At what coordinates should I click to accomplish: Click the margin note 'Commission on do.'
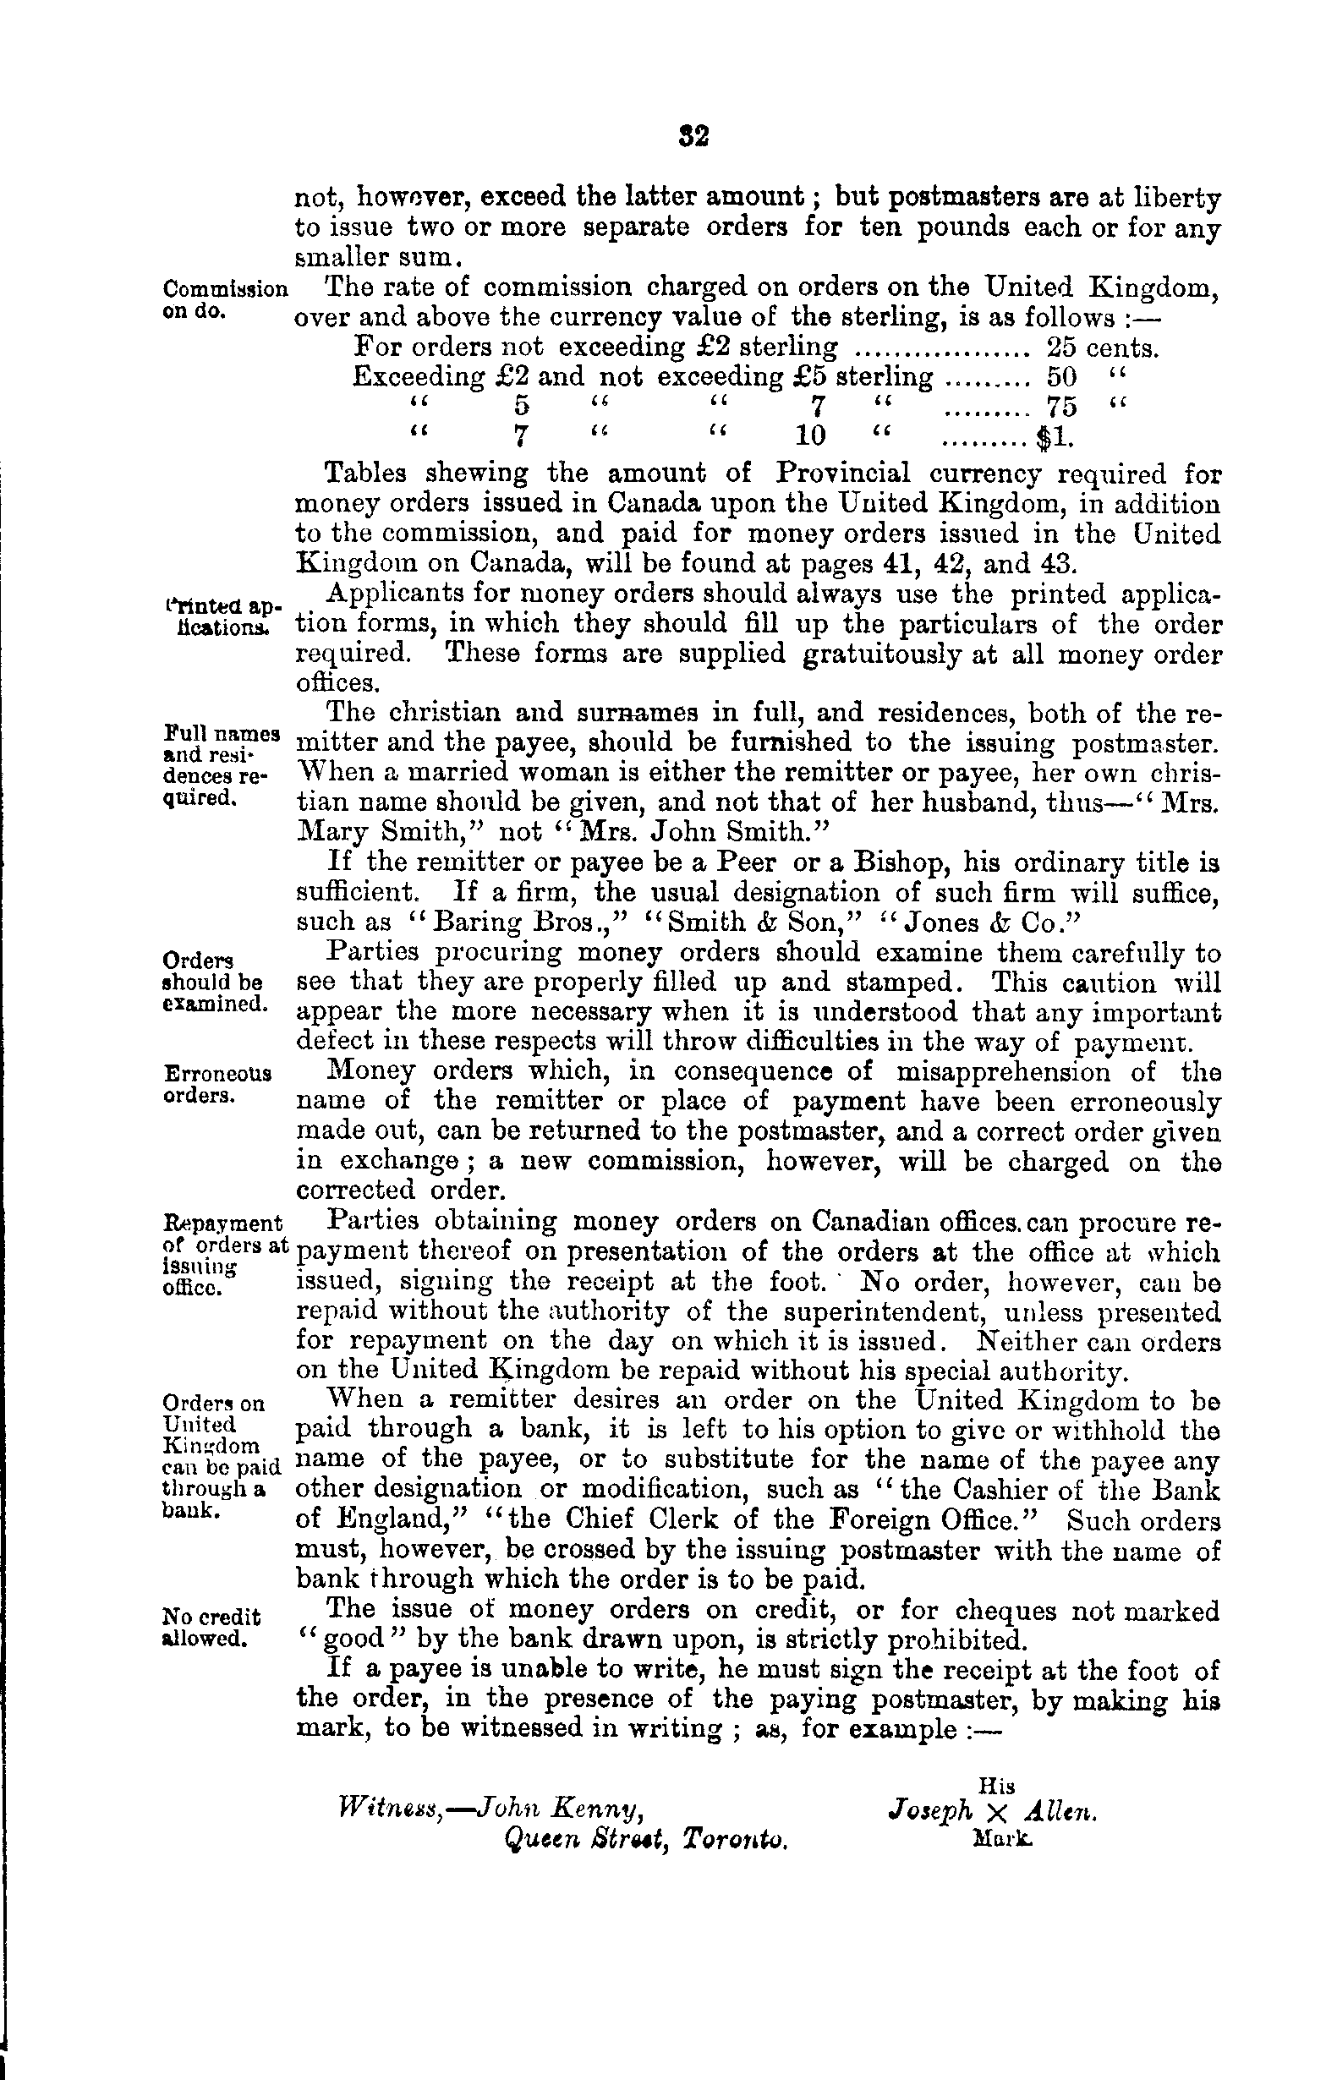[225, 298]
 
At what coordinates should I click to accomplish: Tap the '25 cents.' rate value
[1101, 348]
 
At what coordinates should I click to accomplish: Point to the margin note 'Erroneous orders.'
[216, 1084]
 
